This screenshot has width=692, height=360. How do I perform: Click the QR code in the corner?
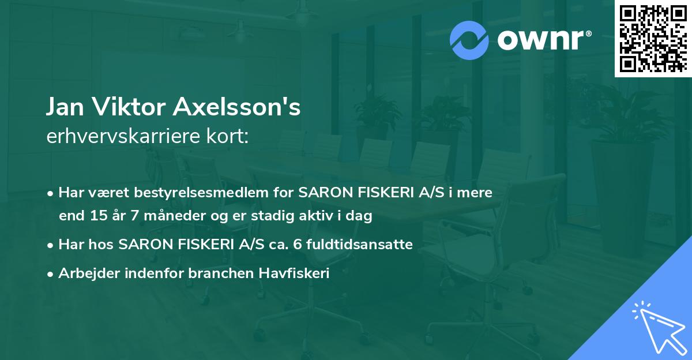[653, 38]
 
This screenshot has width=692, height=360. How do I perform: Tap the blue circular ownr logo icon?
[469, 40]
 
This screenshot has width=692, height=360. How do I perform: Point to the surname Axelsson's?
[243, 108]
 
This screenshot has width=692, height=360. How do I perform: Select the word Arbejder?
[86, 274]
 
